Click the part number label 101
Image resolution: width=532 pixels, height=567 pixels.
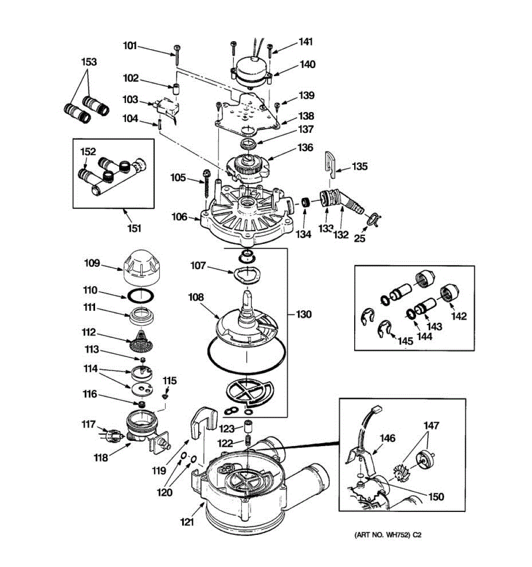(130, 46)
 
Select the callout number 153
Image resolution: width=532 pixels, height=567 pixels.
(89, 62)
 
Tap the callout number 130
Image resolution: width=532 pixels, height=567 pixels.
(304, 314)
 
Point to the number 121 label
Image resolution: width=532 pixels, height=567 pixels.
(187, 522)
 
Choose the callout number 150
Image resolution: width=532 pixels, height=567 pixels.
(436, 497)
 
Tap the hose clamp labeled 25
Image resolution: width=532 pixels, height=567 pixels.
(373, 219)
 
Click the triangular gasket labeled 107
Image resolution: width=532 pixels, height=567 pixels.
(246, 274)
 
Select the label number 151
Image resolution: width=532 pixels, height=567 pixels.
(134, 228)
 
